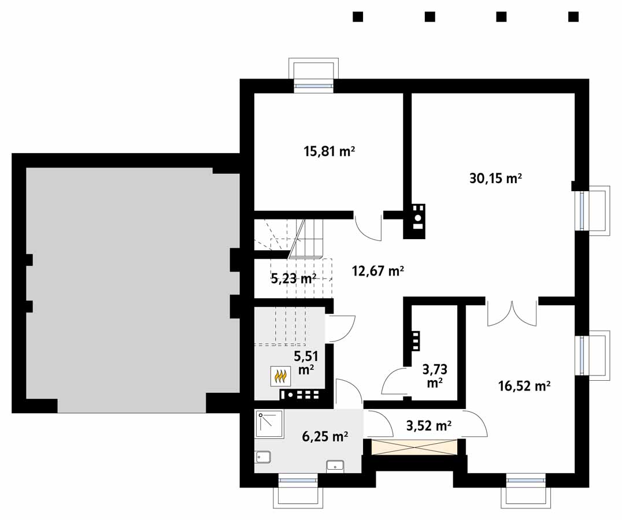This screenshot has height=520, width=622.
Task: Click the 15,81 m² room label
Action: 329,151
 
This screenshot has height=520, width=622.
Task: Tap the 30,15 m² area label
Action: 495,179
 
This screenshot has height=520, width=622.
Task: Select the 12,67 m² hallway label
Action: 377,271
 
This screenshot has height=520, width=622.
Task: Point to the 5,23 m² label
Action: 293,278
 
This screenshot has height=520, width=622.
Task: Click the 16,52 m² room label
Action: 524,385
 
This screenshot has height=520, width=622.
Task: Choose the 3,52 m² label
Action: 428,426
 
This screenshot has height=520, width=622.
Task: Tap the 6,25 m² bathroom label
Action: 325,436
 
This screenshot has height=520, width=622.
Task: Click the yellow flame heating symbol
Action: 280,376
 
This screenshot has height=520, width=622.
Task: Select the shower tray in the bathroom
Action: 269,424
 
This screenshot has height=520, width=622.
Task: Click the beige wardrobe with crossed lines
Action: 414,447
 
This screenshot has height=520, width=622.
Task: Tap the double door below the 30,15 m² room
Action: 512,314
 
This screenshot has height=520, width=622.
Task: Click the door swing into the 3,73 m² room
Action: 393,381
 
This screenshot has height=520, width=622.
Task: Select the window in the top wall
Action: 313,85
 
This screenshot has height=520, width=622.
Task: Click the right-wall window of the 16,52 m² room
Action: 582,355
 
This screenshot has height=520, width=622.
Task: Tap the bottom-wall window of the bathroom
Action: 298,481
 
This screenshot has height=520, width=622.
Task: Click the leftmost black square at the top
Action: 358,17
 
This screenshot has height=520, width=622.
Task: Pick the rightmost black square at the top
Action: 573,17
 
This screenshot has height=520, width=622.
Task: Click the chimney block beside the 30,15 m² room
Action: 414,221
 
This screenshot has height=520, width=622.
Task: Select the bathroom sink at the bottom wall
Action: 335,466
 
